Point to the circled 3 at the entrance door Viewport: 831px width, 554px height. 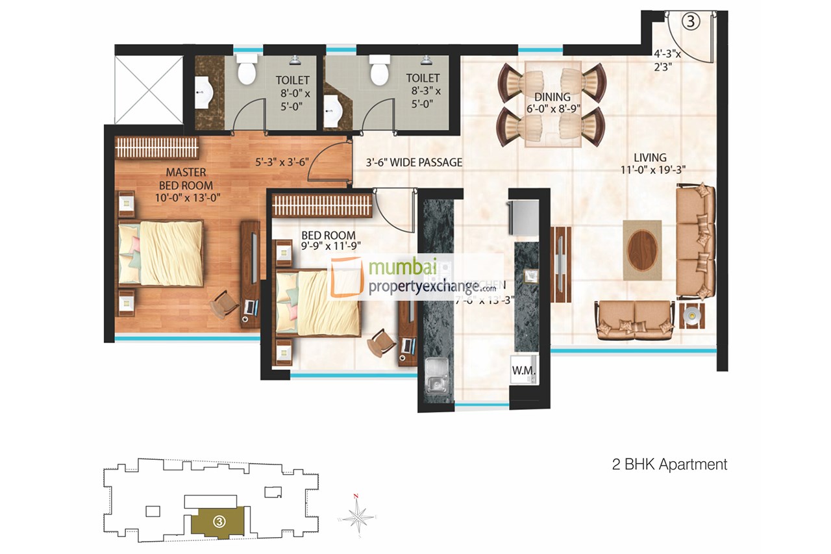[691, 21]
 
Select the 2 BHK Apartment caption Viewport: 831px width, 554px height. [669, 464]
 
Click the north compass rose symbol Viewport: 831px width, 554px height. [356, 518]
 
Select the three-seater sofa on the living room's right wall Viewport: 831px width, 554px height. [695, 240]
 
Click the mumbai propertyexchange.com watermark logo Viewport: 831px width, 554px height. [415, 277]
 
